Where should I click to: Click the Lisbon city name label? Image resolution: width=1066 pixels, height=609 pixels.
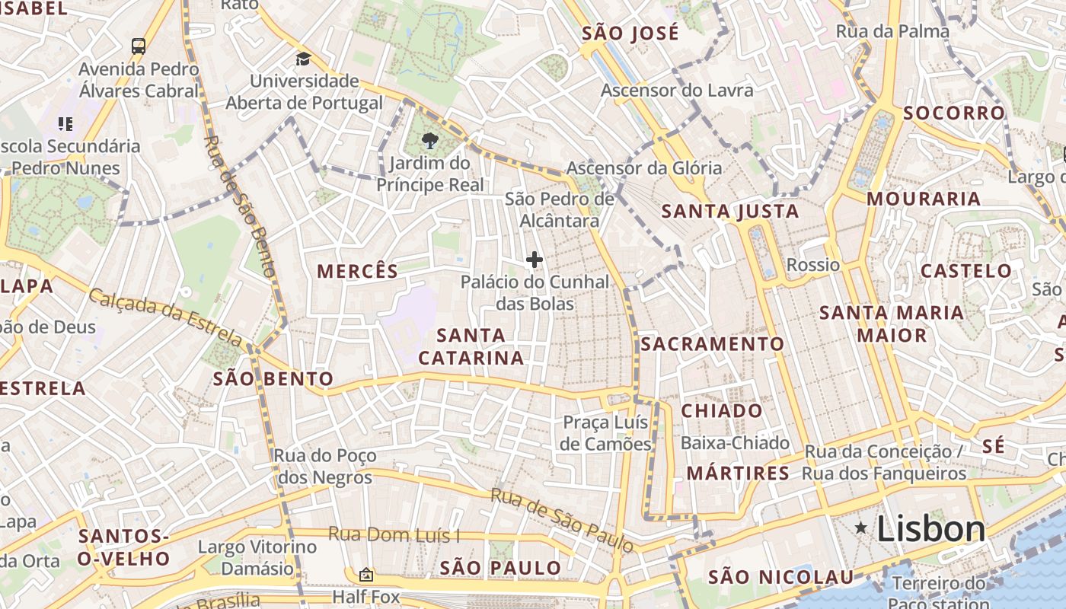tap(930, 528)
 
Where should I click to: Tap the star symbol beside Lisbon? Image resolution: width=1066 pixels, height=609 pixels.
tap(861, 528)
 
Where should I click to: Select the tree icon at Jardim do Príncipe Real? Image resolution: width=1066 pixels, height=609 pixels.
tap(429, 140)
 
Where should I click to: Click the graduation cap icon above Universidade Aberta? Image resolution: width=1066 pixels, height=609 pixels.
tap(304, 59)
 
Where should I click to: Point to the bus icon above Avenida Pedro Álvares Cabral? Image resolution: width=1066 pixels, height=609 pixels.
tap(138, 46)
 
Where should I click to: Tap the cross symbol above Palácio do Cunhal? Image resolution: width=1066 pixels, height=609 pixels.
tap(535, 260)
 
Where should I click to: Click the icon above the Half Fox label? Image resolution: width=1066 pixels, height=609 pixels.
tap(366, 575)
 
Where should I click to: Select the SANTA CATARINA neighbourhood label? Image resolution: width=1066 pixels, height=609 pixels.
tap(471, 346)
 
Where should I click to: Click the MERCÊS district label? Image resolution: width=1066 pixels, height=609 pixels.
tap(357, 271)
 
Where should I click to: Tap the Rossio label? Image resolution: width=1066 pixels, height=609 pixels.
tap(812, 265)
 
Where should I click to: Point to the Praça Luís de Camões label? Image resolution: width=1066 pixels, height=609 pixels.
tap(606, 433)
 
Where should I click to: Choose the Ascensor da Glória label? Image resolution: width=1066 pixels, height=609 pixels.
tap(643, 168)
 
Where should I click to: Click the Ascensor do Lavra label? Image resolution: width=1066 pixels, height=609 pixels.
tap(677, 91)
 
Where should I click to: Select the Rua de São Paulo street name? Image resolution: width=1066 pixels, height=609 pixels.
tap(561, 520)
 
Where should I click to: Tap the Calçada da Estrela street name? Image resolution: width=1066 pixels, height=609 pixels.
tap(164, 317)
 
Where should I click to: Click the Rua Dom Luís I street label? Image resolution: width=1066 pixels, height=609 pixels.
tap(394, 535)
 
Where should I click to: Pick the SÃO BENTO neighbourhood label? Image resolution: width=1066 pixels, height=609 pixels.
tap(273, 378)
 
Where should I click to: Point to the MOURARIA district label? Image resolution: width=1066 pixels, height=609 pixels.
tap(923, 199)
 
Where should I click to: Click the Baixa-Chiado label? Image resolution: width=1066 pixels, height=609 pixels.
tap(735, 443)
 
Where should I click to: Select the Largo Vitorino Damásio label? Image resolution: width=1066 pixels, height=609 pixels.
tap(257, 557)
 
